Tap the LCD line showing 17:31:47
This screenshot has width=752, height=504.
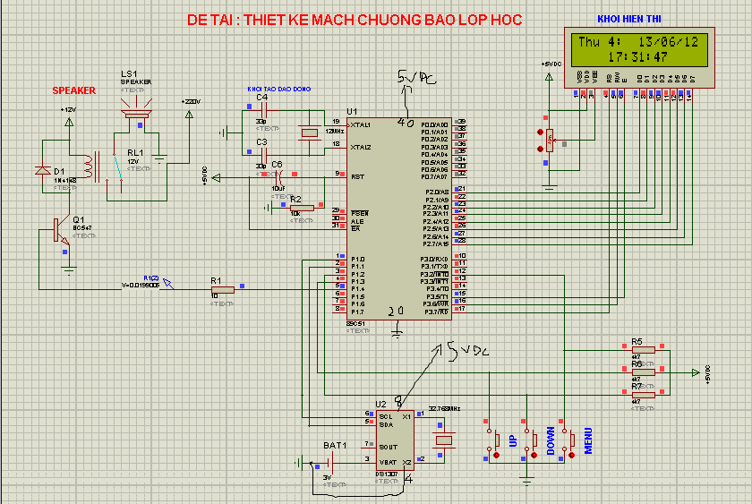(x=637, y=56)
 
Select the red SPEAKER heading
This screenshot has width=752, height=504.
(x=73, y=91)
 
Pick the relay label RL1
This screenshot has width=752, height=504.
(x=134, y=153)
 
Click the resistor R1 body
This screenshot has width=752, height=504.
(x=221, y=289)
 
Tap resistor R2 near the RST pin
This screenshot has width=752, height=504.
(x=302, y=208)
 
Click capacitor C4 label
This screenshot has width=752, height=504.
(x=261, y=98)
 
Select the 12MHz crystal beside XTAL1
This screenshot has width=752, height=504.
(x=309, y=132)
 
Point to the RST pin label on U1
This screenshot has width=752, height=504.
(x=356, y=176)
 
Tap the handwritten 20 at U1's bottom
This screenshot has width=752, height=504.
(x=397, y=311)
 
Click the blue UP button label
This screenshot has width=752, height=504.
(x=513, y=441)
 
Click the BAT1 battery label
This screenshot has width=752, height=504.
(x=335, y=445)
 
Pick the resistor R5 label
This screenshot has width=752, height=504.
(x=637, y=342)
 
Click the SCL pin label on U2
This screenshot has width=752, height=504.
(x=385, y=416)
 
